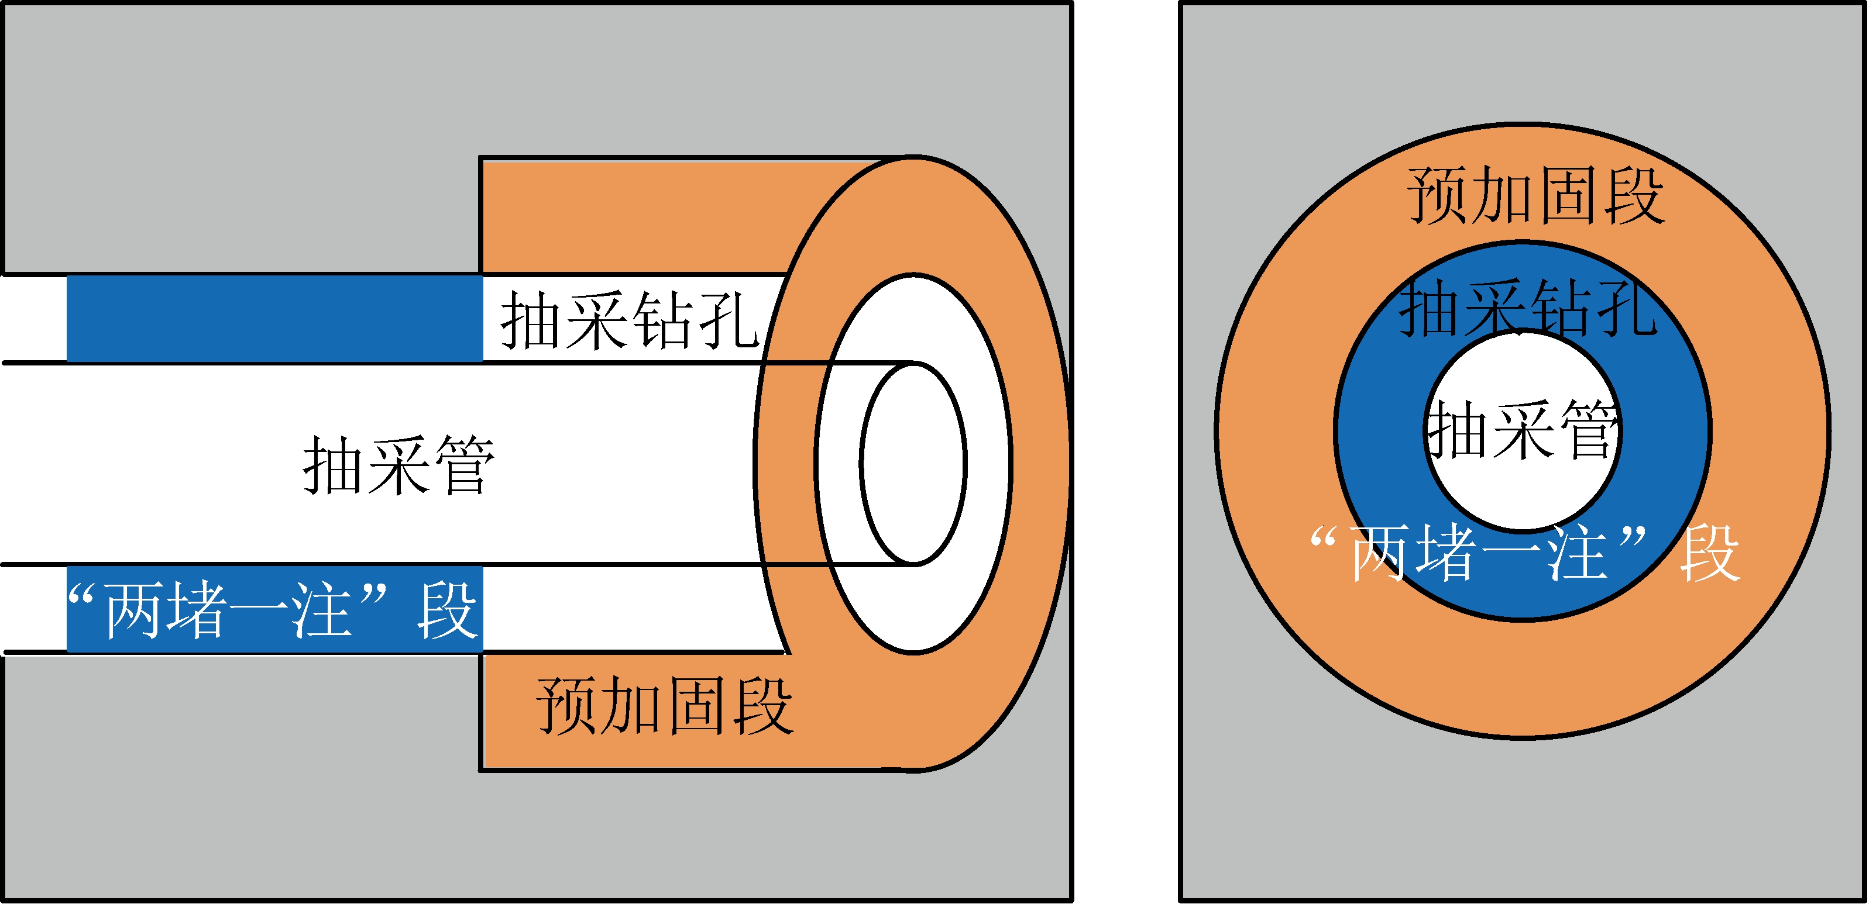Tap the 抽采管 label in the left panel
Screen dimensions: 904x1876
click(398, 466)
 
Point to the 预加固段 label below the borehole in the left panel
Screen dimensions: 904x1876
click(664, 705)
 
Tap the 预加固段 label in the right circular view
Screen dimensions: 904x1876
click(1536, 195)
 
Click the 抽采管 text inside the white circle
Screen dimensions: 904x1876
click(1522, 431)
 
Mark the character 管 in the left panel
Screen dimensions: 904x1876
click(463, 466)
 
